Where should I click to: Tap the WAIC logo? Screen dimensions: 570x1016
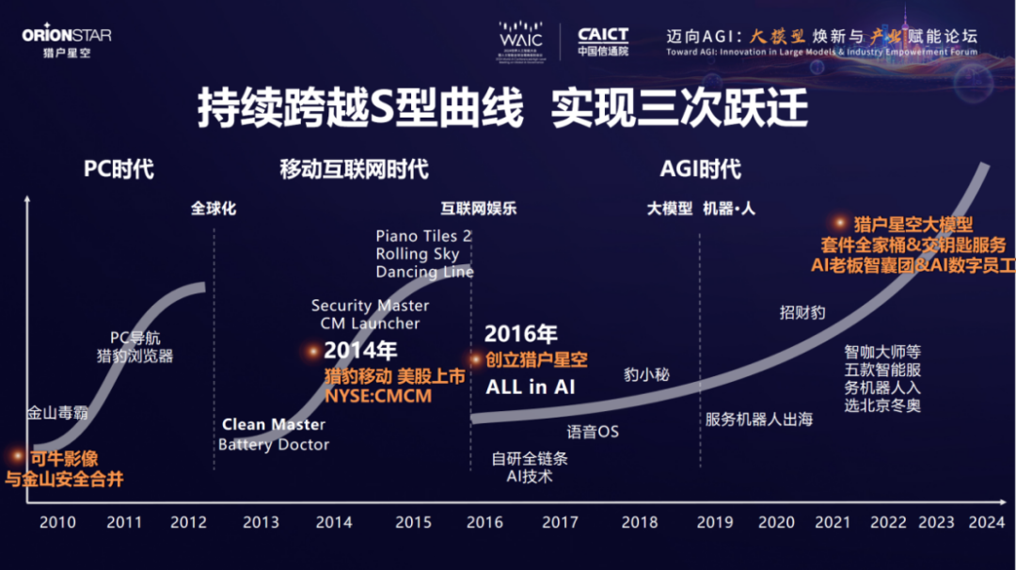point(520,40)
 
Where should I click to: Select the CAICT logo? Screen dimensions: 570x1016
point(603,40)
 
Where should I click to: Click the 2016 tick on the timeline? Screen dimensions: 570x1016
point(484,521)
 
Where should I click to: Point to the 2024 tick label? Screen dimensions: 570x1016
point(986,521)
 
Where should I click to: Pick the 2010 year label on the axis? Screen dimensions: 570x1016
point(57,521)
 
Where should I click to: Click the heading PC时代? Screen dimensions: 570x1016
point(119,169)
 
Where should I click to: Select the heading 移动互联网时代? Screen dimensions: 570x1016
point(354,169)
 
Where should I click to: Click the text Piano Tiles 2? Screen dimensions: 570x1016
point(423,236)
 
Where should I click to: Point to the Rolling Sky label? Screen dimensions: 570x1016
point(418,254)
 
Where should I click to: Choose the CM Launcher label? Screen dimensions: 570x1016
point(370,323)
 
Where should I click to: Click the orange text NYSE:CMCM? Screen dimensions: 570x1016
point(378,396)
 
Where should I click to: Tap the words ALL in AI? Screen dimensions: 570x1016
point(530,387)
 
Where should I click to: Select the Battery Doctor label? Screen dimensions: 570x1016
point(274,444)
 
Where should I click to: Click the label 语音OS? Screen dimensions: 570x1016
point(593,432)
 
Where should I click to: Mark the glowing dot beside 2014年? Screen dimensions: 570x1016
point(313,351)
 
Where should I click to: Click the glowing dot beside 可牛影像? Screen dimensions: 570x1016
point(17,455)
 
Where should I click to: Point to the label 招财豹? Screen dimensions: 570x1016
point(802,311)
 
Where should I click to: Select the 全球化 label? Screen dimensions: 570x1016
point(214,209)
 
